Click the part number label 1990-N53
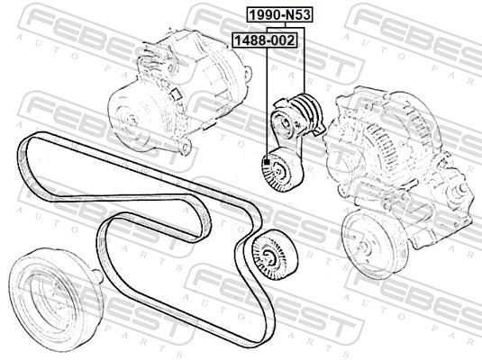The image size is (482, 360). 279,15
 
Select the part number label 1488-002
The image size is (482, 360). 265,40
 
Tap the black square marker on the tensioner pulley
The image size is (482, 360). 267,162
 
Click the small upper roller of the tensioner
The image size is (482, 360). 282,124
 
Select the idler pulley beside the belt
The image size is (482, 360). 274,255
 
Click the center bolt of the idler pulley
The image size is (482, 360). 268,256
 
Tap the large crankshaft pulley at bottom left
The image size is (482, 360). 55,300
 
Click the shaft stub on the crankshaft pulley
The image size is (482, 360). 96,274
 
